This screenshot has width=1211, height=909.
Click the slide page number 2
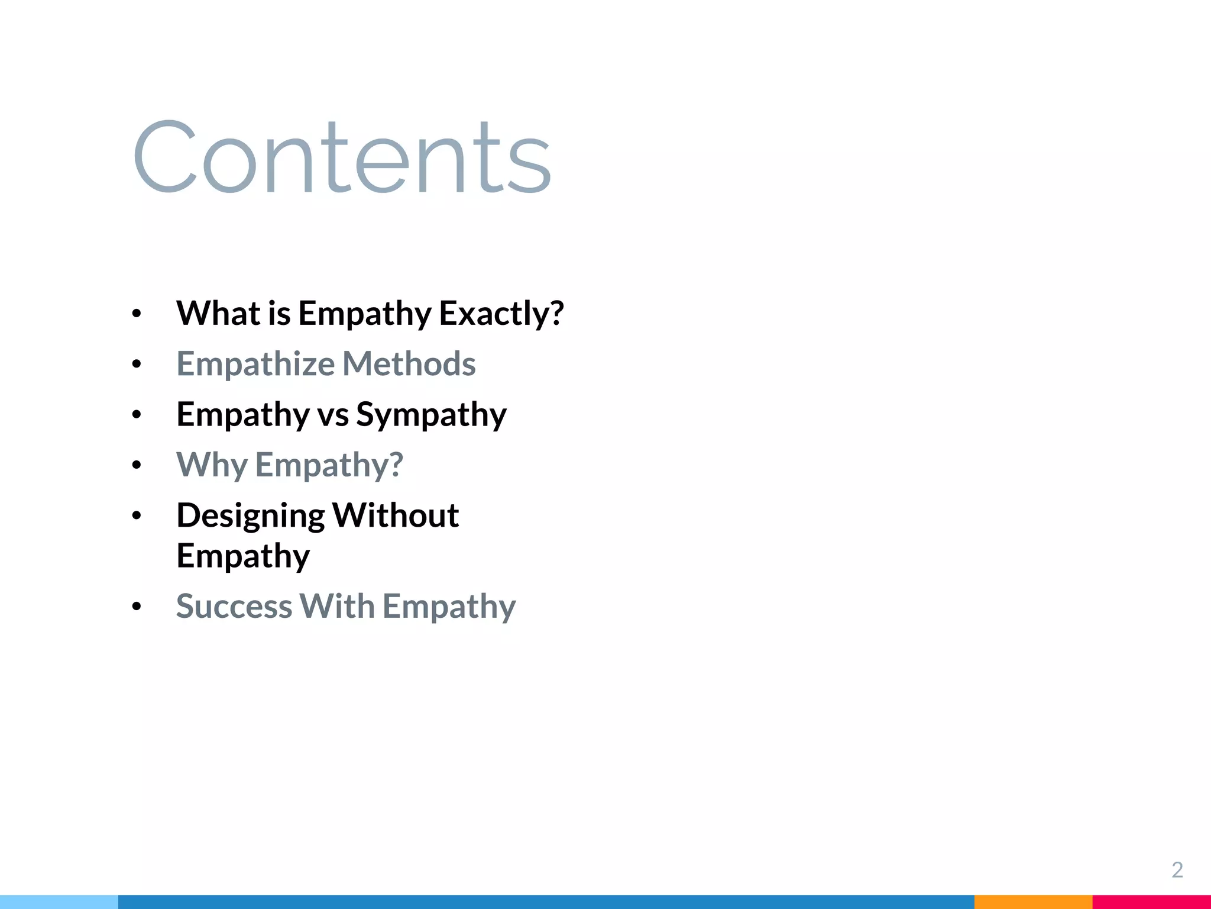(x=1177, y=869)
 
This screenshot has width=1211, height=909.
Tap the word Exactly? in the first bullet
(x=501, y=313)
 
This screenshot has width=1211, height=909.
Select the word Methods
(x=409, y=363)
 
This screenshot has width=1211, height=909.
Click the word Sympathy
(x=431, y=414)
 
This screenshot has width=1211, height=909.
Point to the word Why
(x=212, y=465)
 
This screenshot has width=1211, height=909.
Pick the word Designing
(x=250, y=515)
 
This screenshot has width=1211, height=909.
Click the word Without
(x=395, y=515)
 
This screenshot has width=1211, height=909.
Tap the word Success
(x=234, y=606)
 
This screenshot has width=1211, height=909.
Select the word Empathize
(x=255, y=363)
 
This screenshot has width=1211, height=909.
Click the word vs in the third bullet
(x=333, y=414)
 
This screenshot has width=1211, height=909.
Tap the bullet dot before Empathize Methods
(x=137, y=365)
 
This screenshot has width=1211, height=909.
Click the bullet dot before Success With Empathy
(x=137, y=607)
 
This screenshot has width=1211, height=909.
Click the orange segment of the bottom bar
(x=1032, y=902)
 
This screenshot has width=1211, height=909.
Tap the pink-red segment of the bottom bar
(x=1151, y=902)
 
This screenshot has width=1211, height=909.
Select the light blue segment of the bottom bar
(x=59, y=902)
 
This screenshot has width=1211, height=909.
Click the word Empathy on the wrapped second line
(x=243, y=556)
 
